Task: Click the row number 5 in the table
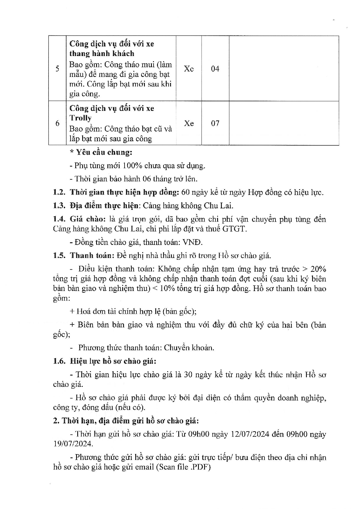[57, 69]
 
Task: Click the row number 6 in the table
[57, 123]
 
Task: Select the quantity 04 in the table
[215, 69]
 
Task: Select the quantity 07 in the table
[215, 123]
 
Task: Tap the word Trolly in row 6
[80, 118]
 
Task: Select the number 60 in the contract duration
[185, 192]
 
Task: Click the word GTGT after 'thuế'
[234, 229]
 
